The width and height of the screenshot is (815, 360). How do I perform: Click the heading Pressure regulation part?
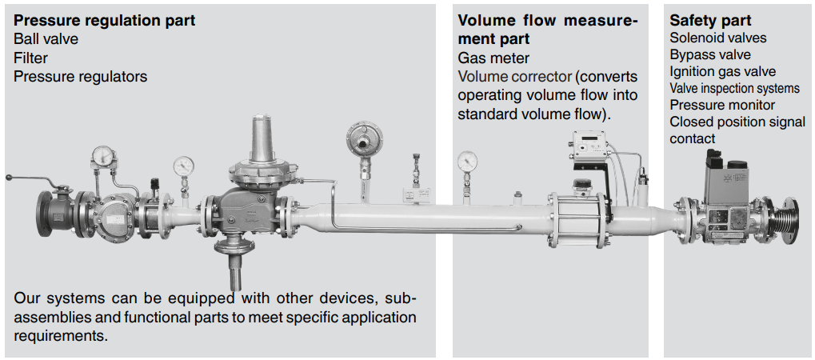click(105, 21)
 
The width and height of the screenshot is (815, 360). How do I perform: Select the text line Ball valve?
click(46, 38)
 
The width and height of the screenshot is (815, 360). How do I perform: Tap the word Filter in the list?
click(30, 58)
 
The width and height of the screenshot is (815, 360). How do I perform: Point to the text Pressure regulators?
click(81, 77)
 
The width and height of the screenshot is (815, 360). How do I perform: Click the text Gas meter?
click(493, 58)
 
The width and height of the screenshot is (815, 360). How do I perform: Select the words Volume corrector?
click(514, 77)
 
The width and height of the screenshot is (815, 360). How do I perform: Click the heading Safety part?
click(710, 21)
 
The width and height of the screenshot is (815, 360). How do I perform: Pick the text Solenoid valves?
click(717, 38)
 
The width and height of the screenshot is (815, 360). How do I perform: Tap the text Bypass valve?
click(710, 54)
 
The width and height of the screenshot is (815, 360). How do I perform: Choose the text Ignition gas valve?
click(722, 71)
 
